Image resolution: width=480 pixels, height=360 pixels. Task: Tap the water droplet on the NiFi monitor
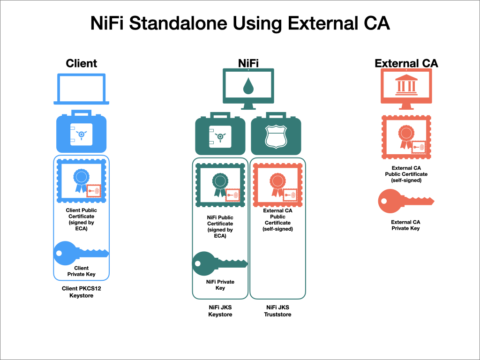[248, 86]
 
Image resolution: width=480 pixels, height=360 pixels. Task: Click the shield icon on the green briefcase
[276, 136]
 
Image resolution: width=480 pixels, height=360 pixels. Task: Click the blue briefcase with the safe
[82, 131]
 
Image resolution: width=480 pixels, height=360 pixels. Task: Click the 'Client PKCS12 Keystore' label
[82, 292]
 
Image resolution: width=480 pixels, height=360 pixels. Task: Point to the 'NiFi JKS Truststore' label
[277, 311]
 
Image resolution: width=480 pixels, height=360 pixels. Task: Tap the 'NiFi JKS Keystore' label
[220, 311]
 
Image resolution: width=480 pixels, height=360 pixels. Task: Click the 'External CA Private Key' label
[405, 225]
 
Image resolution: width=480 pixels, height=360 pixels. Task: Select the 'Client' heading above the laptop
[82, 63]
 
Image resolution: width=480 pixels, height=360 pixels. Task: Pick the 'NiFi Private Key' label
[220, 285]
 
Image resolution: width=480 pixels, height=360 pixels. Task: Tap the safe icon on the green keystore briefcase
[220, 136]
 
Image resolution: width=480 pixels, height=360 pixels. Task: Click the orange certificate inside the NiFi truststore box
[277, 185]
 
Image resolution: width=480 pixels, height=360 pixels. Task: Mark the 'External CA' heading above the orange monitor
[406, 63]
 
